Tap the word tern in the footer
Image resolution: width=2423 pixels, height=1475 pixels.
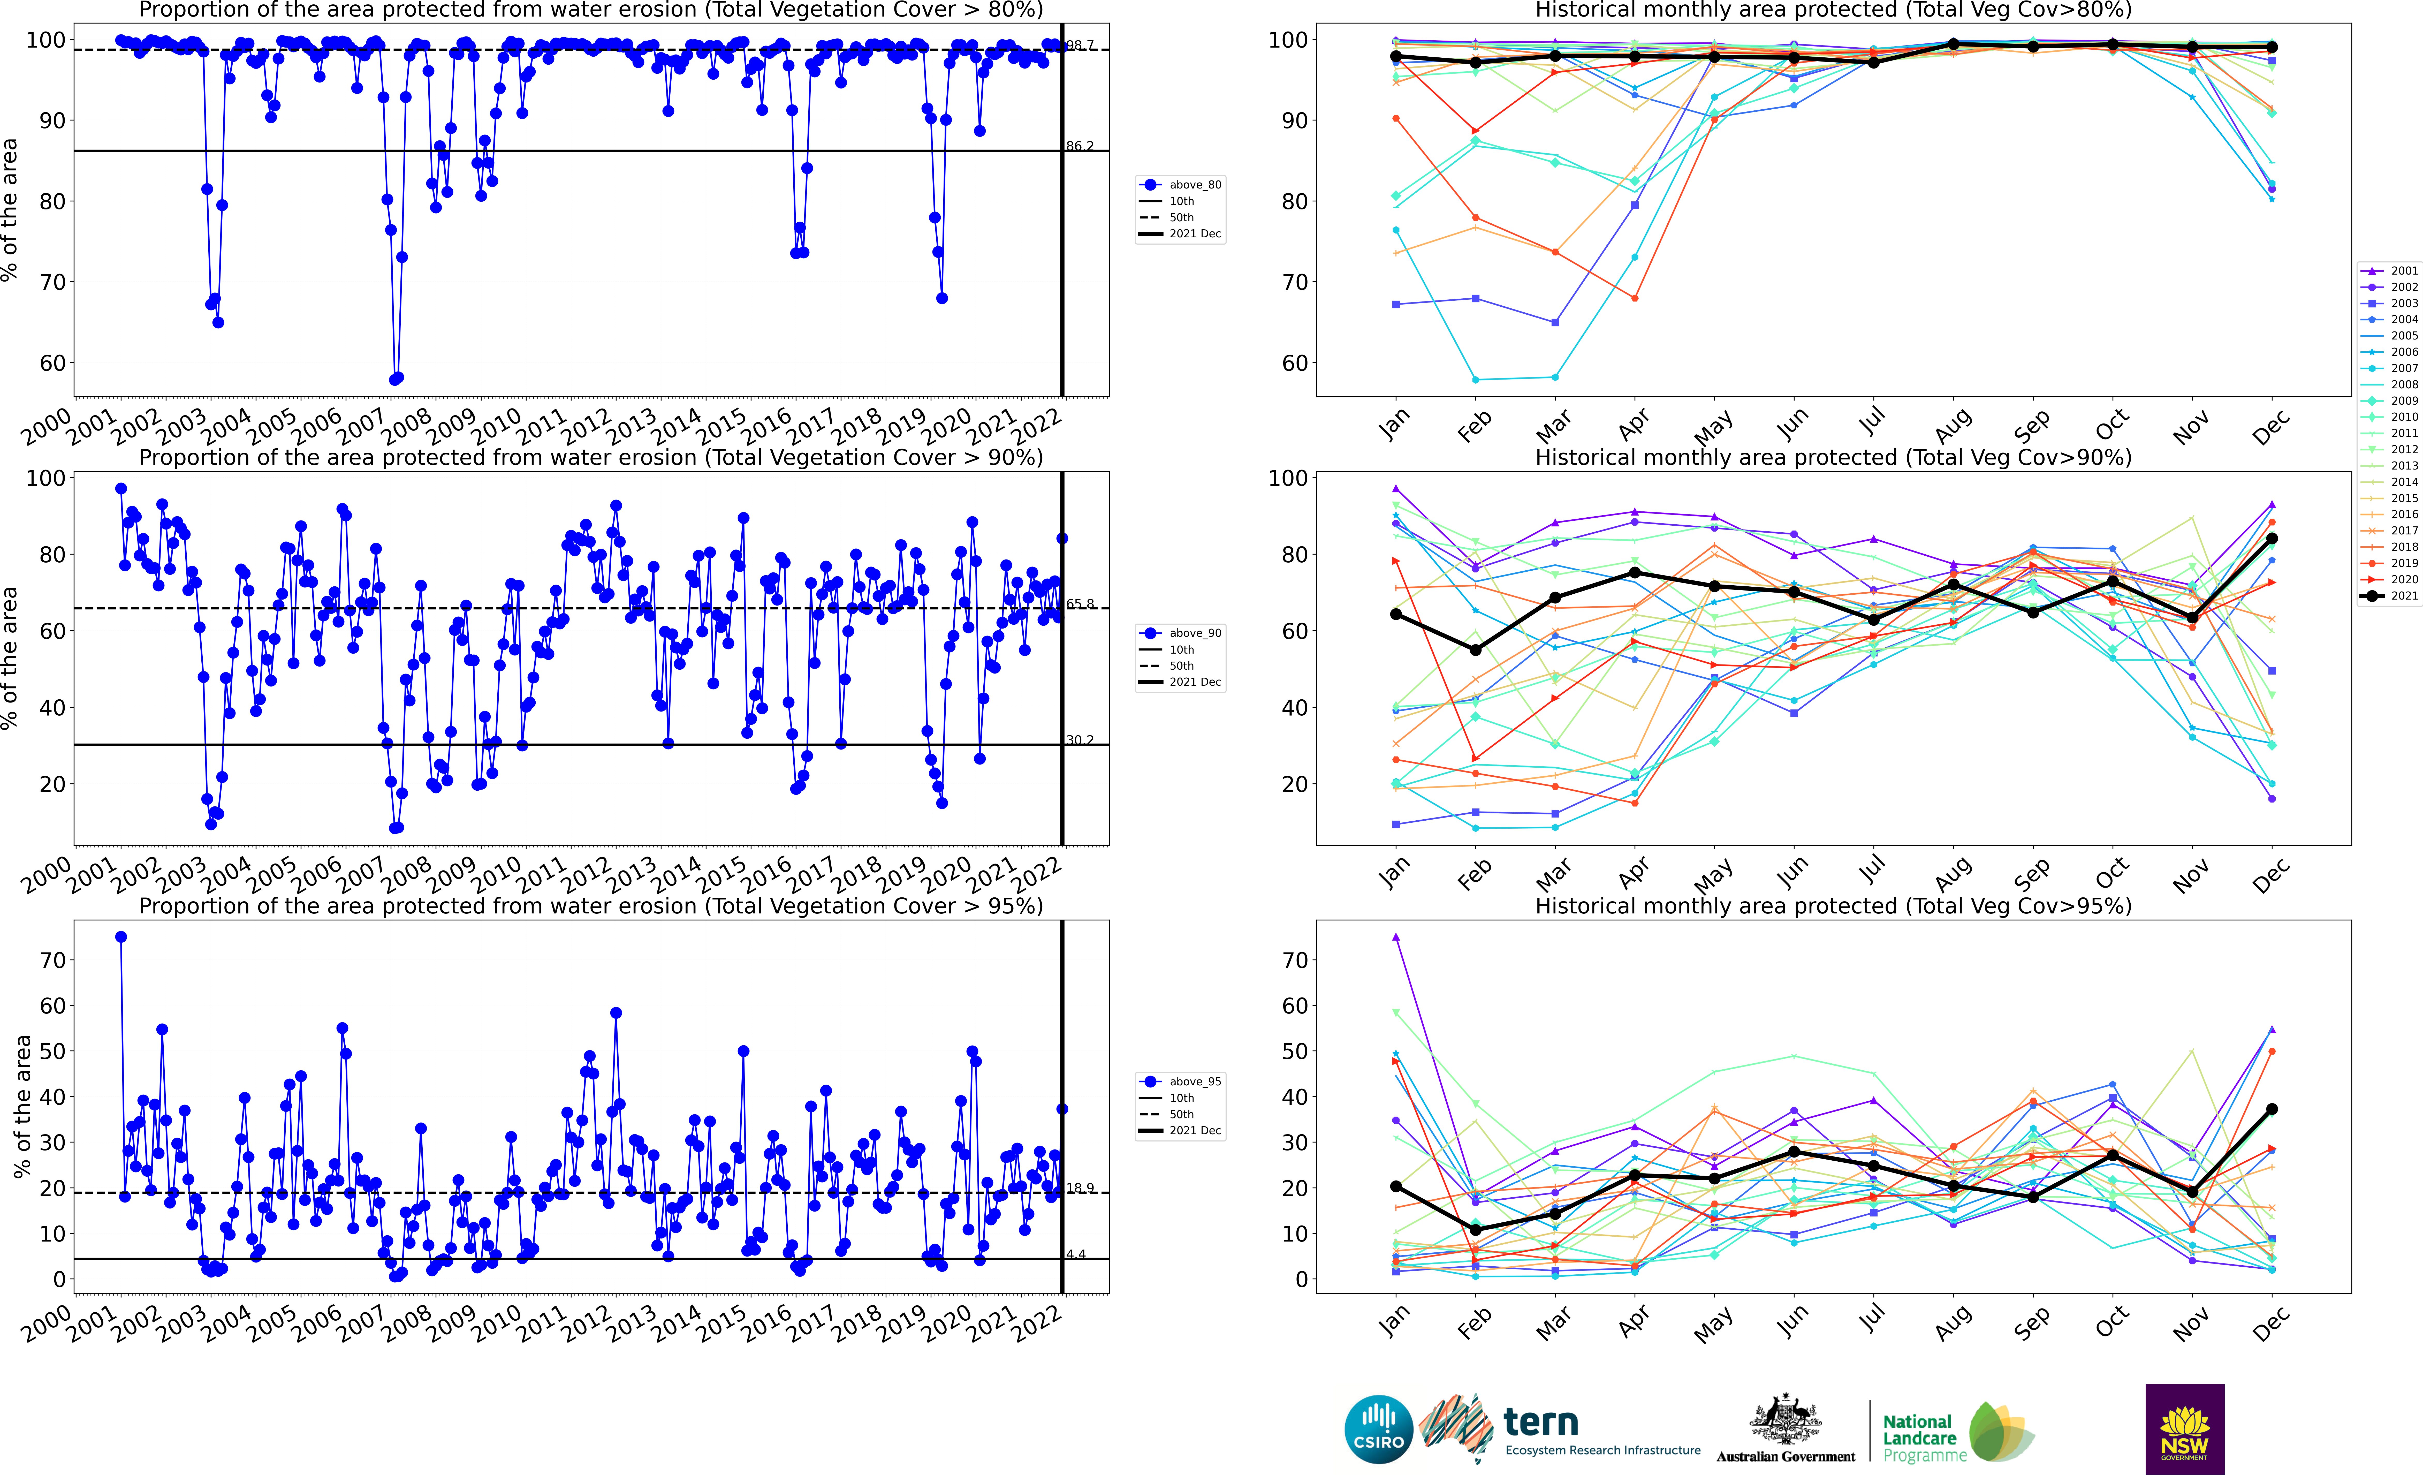click(1541, 1422)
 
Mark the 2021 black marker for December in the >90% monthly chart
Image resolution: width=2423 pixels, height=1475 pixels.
click(2272, 539)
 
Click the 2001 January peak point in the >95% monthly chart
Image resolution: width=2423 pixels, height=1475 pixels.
click(1395, 937)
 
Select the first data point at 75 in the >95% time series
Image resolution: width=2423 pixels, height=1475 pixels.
click(121, 937)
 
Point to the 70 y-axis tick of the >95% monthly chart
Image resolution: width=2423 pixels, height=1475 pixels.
click(1294, 961)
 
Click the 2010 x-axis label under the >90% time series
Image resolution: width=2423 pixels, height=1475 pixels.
click(497, 870)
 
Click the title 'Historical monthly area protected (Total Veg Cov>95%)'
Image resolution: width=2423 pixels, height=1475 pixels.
click(1833, 906)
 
